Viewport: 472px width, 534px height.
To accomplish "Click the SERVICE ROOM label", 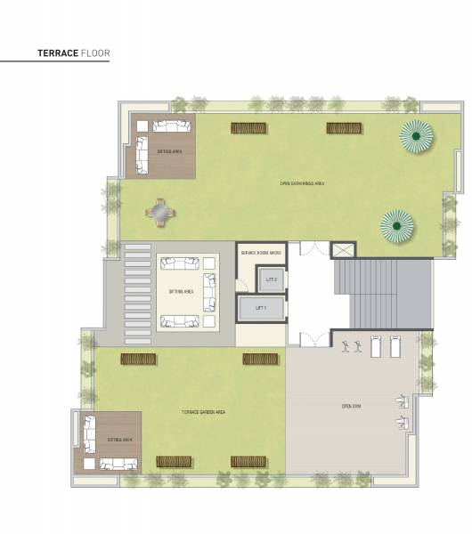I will click(x=261, y=253).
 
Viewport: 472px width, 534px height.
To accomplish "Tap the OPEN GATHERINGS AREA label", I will click(x=302, y=183).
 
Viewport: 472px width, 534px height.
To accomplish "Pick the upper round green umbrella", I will click(x=416, y=135).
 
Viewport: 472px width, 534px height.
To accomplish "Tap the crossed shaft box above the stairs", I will click(x=343, y=248).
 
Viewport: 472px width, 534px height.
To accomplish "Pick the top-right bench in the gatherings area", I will click(x=342, y=128).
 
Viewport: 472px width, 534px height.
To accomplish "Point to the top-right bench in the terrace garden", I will click(x=260, y=359).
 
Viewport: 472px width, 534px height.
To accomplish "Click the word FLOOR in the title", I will click(x=95, y=53).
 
